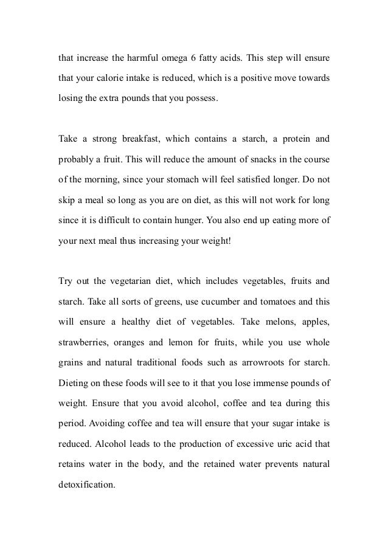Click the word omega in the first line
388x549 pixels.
pos(175,60)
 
